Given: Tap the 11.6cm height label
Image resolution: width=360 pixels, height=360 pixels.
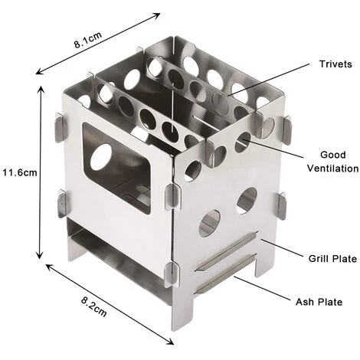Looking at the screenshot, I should [x=19, y=172].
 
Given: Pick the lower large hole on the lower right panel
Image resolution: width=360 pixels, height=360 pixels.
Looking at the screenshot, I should [x=209, y=223].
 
